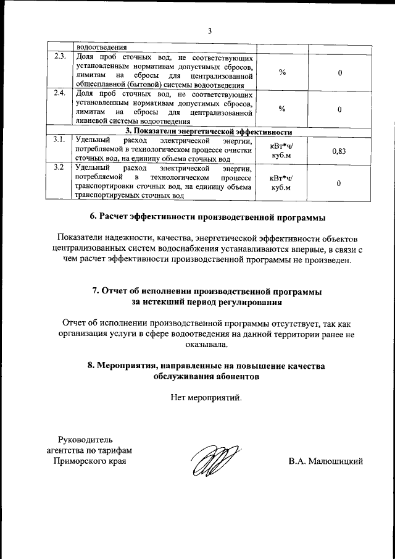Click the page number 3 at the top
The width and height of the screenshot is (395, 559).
pos(209,32)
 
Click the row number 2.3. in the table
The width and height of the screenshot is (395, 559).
pos(60,57)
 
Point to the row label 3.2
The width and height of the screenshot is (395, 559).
pos(59,167)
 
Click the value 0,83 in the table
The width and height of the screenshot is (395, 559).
pos(338,150)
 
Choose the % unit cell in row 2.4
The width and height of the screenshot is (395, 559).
pos(282,109)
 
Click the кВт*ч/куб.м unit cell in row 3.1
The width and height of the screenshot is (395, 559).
pos(282,150)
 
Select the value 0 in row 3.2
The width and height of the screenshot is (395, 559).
pos(338,183)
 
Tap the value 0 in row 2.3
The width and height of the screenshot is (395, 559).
pos(339,73)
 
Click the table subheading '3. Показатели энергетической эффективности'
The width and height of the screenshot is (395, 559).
pos(209,131)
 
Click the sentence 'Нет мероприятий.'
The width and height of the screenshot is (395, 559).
pos(206,397)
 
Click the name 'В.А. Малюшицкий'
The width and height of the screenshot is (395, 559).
pos(325,461)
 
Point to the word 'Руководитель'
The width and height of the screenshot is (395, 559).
pos(85,440)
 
